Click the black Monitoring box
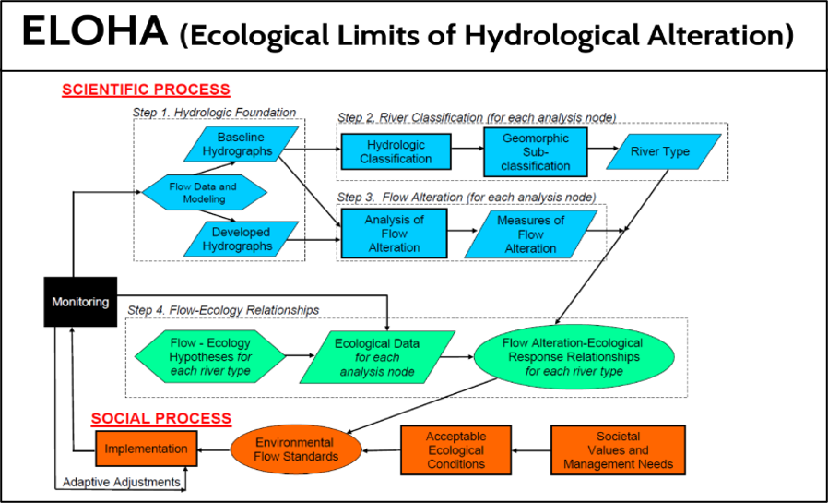coord(79,301)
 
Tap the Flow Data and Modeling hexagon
coord(203,192)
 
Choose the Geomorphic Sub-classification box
coord(537,151)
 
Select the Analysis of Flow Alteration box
coord(394,234)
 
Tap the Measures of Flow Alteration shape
coord(530,234)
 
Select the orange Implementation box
coord(147,449)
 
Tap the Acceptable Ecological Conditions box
coord(455,449)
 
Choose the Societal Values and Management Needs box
coord(618,449)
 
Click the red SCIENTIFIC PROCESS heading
coord(146,90)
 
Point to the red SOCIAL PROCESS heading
coord(160,418)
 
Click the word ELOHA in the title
coord(95,34)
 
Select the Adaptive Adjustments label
coord(120,482)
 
